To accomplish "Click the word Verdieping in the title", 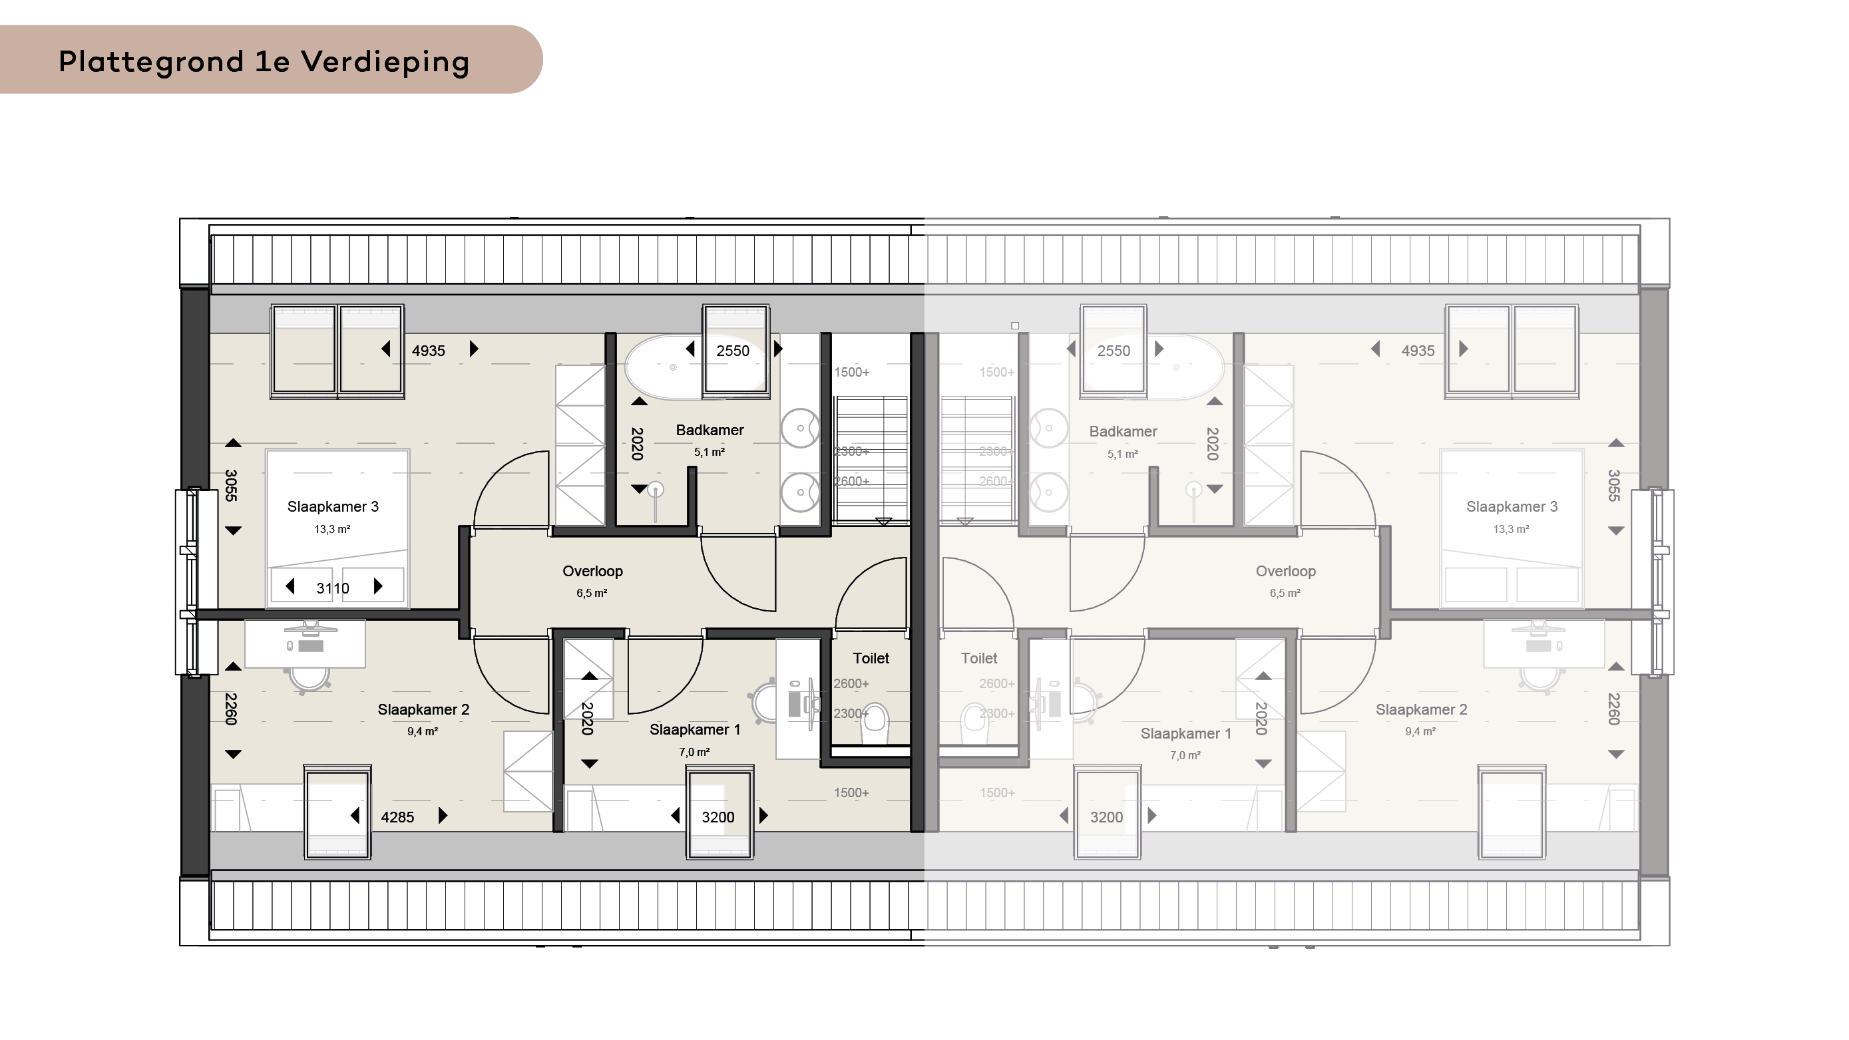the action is point(385,63).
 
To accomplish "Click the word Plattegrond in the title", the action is point(150,63).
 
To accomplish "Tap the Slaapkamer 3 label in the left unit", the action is point(332,507).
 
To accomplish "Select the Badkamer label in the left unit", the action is point(710,430).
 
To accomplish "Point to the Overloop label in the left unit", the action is point(592,572).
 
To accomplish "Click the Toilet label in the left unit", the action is point(871,658).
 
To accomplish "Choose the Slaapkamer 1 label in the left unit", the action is point(694,729).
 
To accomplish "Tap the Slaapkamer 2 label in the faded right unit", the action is point(1421,710).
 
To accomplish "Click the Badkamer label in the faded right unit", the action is point(1123,431).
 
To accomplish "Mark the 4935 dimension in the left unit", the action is point(429,351).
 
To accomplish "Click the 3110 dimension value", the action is point(332,589).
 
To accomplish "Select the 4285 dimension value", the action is point(397,817).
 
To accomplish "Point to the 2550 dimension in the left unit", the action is point(733,351).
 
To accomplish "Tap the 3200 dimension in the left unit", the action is point(718,817).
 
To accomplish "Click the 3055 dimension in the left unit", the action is point(231,485).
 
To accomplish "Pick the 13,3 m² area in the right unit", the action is point(1511,529).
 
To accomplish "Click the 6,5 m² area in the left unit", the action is point(592,593).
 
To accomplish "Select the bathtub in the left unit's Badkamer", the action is point(695,366).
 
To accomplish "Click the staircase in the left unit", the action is point(871,458).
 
